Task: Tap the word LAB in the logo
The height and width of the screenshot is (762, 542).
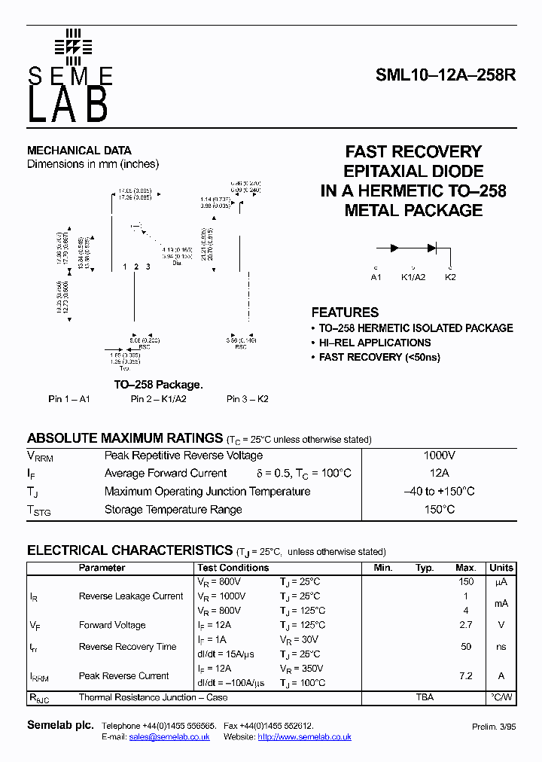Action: pos(69,106)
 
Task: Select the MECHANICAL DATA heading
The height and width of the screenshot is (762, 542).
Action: pos(79,151)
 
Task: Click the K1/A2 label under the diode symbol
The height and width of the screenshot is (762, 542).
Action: pos(413,277)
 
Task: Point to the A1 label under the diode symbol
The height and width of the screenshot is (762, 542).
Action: pos(376,277)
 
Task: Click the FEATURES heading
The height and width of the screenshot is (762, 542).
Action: pos(345,312)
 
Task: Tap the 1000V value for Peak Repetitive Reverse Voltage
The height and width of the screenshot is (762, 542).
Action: pos(439,456)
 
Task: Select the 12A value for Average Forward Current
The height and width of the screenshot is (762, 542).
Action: pos(439,474)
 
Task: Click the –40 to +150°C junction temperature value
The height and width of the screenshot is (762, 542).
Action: pos(439,492)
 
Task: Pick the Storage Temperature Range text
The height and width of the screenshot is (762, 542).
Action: pos(173,510)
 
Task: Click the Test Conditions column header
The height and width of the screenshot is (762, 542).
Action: pos(233,568)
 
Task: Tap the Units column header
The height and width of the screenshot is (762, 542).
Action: pos(501,568)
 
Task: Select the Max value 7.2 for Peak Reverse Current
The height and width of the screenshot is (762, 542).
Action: pos(466,676)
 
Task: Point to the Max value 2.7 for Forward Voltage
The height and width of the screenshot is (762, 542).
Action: pos(466,625)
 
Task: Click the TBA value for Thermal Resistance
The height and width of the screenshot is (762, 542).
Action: pos(425,697)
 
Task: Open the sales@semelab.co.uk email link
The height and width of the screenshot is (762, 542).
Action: pos(169,737)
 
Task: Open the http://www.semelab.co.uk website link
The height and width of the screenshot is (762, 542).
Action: pos(304,737)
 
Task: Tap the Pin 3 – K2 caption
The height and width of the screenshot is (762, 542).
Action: pos(248,399)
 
